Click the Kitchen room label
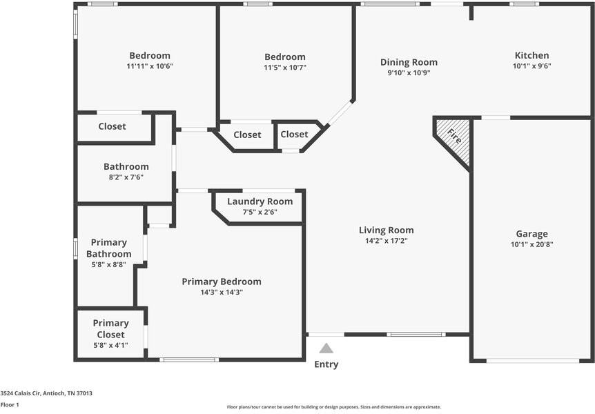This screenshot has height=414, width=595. point(531,56)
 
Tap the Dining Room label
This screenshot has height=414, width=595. point(409,62)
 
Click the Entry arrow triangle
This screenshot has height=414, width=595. point(326,348)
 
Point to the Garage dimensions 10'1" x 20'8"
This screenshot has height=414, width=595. point(531,244)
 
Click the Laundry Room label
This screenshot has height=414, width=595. point(260,201)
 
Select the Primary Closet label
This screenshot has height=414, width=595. point(110,328)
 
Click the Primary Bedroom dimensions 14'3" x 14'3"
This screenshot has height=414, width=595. point(222,293)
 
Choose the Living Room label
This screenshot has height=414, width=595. point(386,230)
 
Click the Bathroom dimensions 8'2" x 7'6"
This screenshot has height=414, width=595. point(126,177)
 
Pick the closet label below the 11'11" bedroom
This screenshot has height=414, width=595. point(112,126)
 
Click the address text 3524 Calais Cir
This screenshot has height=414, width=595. point(46,393)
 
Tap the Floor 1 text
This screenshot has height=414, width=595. point(10,405)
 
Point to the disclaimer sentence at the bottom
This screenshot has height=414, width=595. point(334,407)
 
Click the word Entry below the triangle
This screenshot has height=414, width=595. point(326,364)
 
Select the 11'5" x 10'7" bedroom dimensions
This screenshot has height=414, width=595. point(284,68)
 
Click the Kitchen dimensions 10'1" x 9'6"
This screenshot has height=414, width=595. point(531,67)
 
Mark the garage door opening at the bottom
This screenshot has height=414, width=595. point(532,360)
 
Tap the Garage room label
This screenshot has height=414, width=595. point(531,234)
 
